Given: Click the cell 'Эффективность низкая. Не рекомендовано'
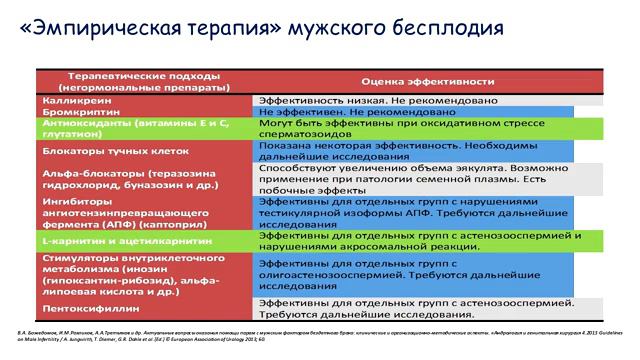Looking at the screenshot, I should (368, 101).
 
